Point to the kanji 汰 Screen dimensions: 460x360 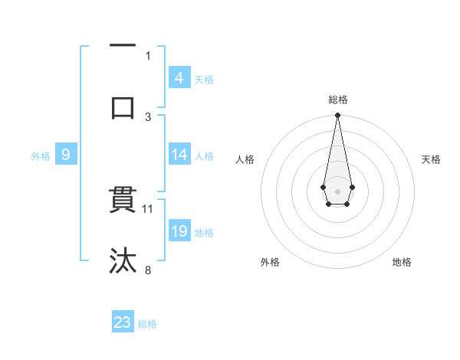123,260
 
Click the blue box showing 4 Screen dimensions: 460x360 179,77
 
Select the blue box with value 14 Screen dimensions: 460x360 179,155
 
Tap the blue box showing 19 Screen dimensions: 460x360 179,231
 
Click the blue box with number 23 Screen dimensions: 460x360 123,322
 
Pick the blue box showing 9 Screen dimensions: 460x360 66,155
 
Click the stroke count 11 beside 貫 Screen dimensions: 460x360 149,208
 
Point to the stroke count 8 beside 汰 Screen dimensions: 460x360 149,269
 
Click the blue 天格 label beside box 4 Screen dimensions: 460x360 204,79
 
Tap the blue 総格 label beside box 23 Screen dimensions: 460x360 147,324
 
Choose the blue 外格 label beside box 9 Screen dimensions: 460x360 41,156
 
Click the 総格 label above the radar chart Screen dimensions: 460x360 338,100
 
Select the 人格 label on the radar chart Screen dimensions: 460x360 245,159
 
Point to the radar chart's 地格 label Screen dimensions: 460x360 402,262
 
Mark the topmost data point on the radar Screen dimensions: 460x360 337,115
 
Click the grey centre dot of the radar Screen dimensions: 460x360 337,190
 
